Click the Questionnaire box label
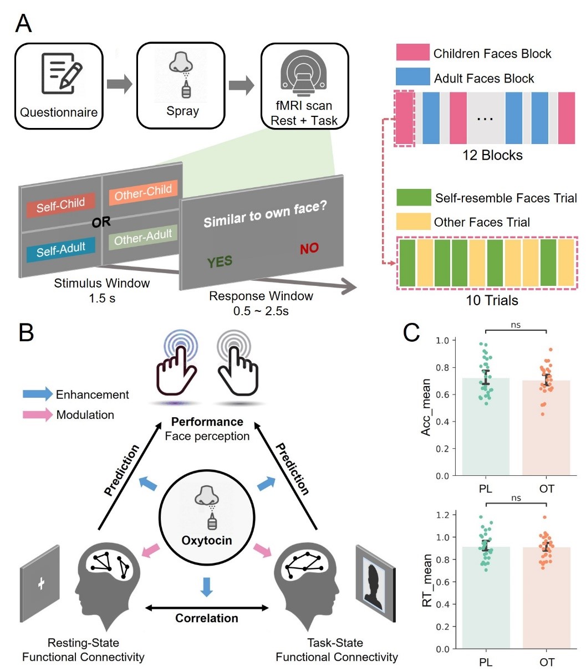(59, 112)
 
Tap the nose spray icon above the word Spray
(181, 75)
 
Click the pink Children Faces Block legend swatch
(412, 52)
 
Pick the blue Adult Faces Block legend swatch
(412, 76)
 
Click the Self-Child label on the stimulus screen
(60, 204)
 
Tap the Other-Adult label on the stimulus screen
(142, 237)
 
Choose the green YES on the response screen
(220, 261)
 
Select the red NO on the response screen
(309, 249)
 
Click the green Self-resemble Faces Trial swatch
(414, 197)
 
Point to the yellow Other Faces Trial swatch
(414, 222)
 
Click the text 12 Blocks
(492, 155)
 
